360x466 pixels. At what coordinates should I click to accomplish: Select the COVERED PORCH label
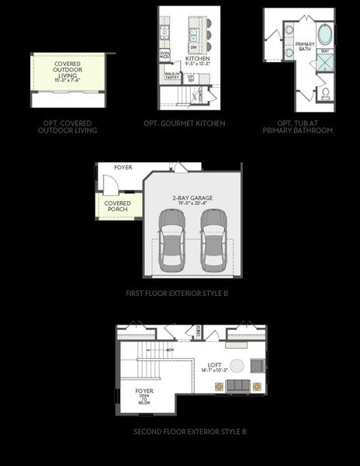coord(119,206)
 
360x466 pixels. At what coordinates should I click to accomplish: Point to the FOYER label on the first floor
coord(123,168)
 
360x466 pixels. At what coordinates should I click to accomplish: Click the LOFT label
coord(214,365)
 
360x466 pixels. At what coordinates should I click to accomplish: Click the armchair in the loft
coord(259,367)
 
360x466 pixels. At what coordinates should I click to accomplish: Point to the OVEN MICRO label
coord(165,56)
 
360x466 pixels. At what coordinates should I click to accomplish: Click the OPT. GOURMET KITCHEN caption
coord(184,123)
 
